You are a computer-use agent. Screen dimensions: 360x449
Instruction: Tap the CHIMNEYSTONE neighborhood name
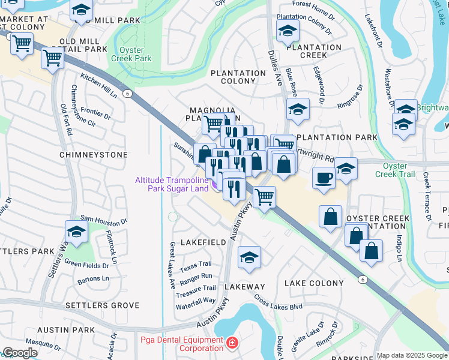pyautogui.click(x=94, y=155)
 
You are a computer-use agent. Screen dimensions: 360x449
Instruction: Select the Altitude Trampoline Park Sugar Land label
pyautogui.click(x=172, y=184)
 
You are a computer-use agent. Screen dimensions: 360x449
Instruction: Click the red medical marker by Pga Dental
pyautogui.click(x=232, y=344)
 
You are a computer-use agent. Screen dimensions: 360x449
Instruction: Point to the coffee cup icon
pyautogui.click(x=324, y=178)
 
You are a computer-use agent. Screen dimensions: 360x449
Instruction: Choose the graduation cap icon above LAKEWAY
pyautogui.click(x=249, y=257)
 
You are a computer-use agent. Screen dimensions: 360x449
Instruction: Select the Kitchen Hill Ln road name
pyautogui.click(x=98, y=86)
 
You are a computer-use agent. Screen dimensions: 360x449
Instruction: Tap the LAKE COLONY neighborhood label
pyautogui.click(x=314, y=283)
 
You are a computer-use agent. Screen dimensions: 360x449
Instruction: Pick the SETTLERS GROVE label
pyautogui.click(x=102, y=305)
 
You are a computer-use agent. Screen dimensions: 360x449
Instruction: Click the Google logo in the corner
pyautogui.click(x=20, y=352)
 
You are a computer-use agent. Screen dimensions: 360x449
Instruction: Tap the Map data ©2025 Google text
pyautogui.click(x=412, y=355)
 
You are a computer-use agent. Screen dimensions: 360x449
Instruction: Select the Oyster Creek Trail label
pyautogui.click(x=395, y=170)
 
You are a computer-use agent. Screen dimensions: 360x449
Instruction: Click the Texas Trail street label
pyautogui.click(x=196, y=264)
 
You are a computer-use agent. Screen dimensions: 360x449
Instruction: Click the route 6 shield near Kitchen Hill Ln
pyautogui.click(x=127, y=94)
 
